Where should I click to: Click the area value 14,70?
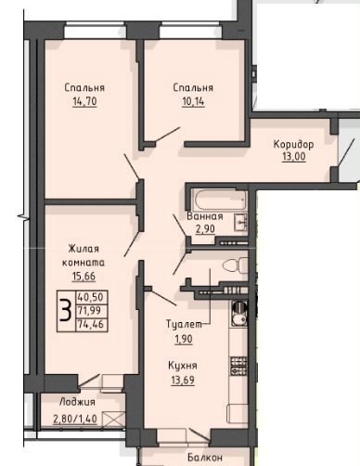[84, 101]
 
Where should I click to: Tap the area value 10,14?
[193, 101]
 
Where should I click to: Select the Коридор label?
[293, 145]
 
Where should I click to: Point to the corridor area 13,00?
[293, 156]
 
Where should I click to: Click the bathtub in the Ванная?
[219, 200]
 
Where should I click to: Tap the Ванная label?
[205, 216]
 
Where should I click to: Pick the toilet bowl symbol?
[235, 265]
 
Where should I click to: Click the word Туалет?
[185, 324]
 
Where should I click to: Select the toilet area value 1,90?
[184, 339]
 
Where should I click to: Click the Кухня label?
[183, 366]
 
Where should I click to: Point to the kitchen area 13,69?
[183, 380]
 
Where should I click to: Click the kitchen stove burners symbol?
[238, 366]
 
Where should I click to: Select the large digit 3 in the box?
[66, 311]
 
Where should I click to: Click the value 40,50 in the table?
[91, 297]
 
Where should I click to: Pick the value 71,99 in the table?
[89, 310]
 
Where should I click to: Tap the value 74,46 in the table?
[91, 325]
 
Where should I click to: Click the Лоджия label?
[77, 402]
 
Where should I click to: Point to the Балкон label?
[205, 458]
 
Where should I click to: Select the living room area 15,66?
[84, 276]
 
